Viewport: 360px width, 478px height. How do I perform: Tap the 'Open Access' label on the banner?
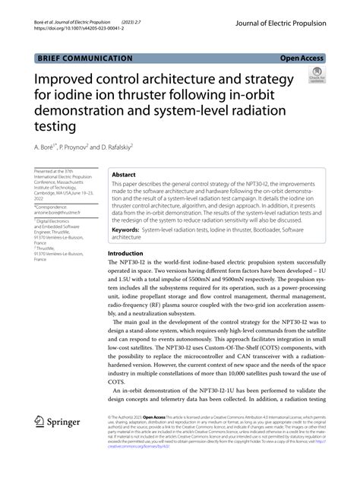click(301, 57)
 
